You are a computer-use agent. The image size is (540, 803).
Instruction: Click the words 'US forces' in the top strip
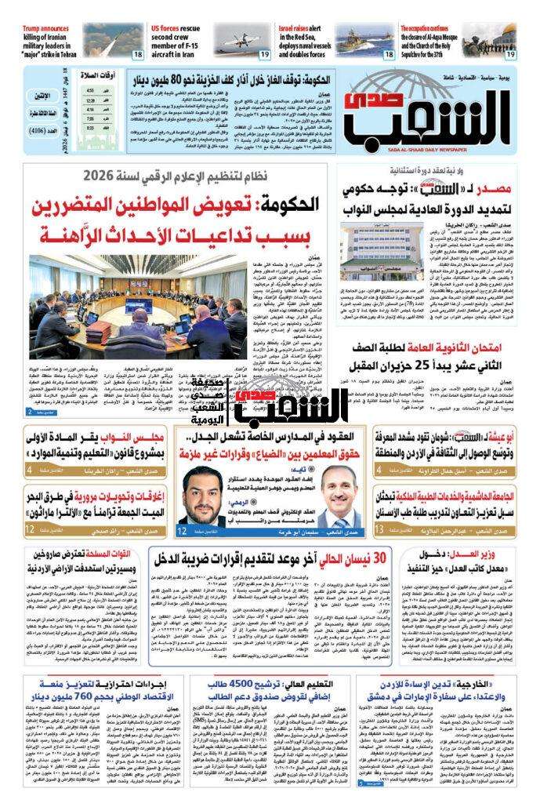click(171, 28)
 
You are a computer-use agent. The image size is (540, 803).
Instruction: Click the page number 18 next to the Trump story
click(136, 54)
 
